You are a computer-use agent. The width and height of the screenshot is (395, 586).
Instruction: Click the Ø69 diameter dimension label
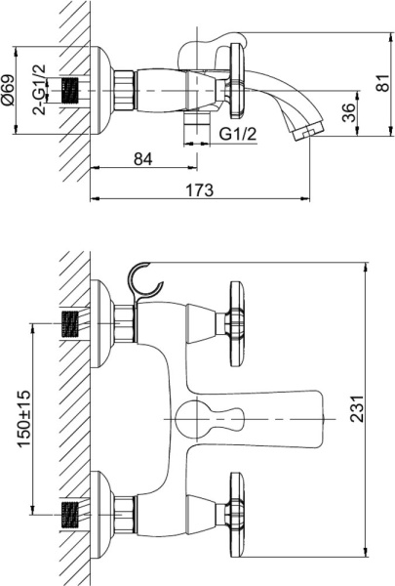coord(9,90)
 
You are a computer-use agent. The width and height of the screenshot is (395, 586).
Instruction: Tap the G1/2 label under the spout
coord(237,132)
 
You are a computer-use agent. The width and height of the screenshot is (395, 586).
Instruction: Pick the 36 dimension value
coord(348,111)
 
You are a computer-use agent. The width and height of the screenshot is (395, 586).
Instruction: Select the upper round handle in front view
coord(234,315)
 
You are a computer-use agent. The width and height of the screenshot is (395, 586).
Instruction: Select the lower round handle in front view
coord(234,507)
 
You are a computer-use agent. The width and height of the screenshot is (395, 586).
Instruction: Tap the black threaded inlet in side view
coord(69,90)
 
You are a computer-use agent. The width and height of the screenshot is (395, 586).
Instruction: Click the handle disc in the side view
coord(233,79)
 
